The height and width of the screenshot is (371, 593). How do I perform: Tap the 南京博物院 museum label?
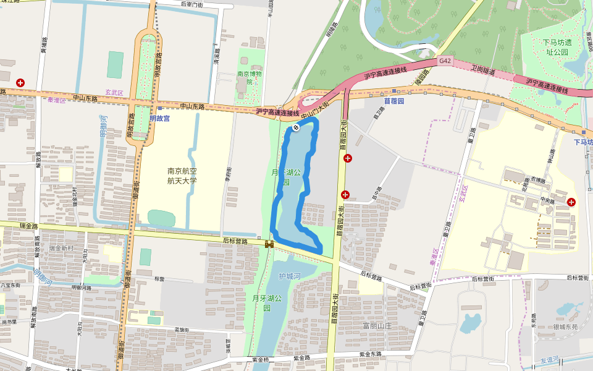pyautogui.click(x=250, y=77)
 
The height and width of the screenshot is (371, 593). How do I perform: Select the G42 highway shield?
pyautogui.click(x=445, y=61)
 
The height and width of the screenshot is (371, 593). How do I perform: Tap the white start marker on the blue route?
pyautogui.click(x=296, y=127)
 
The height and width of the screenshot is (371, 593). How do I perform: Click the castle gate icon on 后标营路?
pyautogui.click(x=269, y=244)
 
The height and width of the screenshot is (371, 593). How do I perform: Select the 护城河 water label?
pyautogui.click(x=289, y=276)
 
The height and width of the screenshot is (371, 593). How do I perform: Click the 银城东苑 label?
pyautogui.click(x=565, y=327)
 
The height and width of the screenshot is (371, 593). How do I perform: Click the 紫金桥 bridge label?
pyautogui.click(x=261, y=359)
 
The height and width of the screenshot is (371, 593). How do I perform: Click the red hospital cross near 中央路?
pyautogui.click(x=571, y=202)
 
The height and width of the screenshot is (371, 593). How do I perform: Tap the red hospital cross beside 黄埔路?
pyautogui.click(x=21, y=82)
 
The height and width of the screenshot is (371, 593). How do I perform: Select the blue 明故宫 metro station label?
pyautogui.click(x=159, y=117)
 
